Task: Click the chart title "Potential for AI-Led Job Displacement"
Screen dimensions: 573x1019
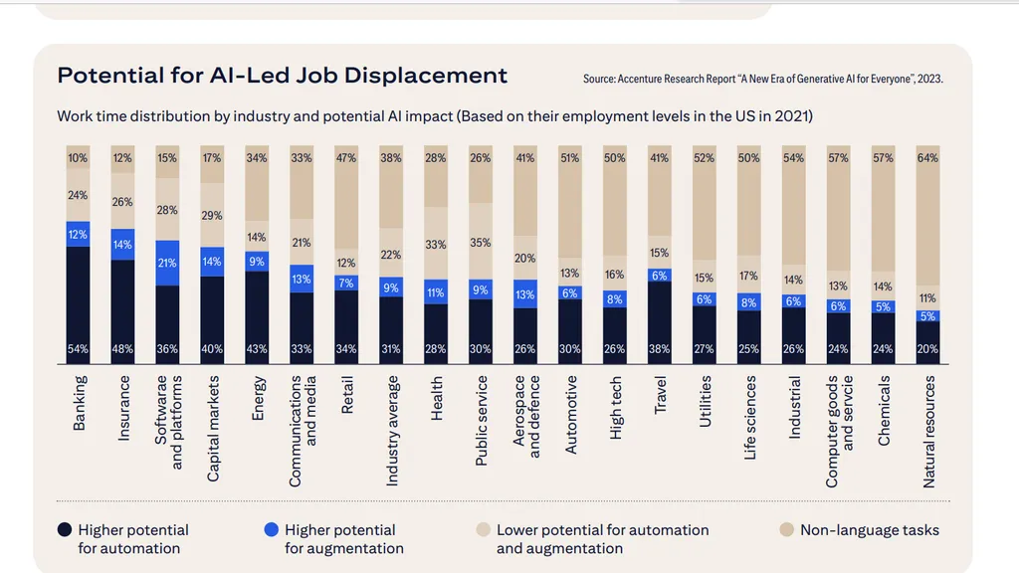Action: (x=282, y=76)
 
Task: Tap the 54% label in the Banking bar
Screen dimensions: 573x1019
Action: (x=78, y=349)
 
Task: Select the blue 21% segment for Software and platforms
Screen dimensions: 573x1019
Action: (x=167, y=263)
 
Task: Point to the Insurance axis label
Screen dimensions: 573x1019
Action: (x=123, y=408)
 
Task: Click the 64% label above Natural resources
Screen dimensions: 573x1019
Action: (x=927, y=158)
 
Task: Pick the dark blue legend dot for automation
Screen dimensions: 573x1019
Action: (x=64, y=530)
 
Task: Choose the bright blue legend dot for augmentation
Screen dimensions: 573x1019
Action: (x=271, y=530)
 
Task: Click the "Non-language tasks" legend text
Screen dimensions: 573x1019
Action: (x=869, y=530)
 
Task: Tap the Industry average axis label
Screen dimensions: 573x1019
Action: (x=393, y=430)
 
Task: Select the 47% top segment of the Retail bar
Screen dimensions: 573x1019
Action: (x=346, y=199)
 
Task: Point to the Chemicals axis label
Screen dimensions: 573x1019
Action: (x=884, y=411)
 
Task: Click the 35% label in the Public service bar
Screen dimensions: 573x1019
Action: (x=480, y=242)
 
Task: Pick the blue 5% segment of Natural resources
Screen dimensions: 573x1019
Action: (x=927, y=316)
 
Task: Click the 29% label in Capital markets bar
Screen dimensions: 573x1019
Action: (x=212, y=216)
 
